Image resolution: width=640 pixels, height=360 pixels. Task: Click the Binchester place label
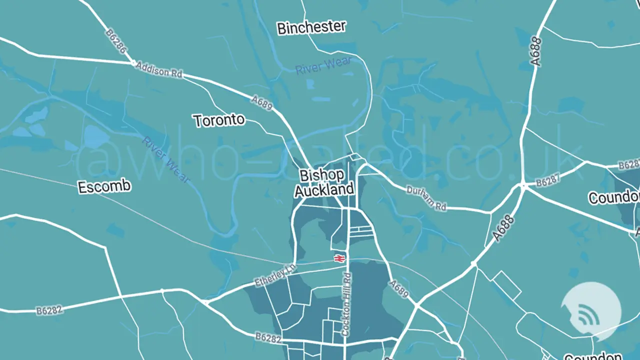(311, 27)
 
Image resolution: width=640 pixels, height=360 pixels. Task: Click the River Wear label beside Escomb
(165, 159)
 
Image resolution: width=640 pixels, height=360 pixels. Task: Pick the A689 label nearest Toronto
(261, 103)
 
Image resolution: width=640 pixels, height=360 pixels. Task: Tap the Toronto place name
(219, 120)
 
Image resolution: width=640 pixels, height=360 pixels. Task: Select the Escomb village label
(104, 187)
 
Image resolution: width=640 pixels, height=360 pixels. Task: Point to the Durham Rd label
(426, 198)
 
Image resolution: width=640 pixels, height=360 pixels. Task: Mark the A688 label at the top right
(536, 52)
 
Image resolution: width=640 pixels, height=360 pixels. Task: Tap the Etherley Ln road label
(275, 275)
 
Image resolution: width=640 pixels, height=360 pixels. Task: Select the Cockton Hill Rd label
(346, 304)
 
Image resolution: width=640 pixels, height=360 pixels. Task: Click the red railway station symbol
(339, 258)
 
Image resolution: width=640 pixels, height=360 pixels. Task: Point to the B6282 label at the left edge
(49, 310)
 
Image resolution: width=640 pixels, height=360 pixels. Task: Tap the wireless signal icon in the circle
(590, 314)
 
